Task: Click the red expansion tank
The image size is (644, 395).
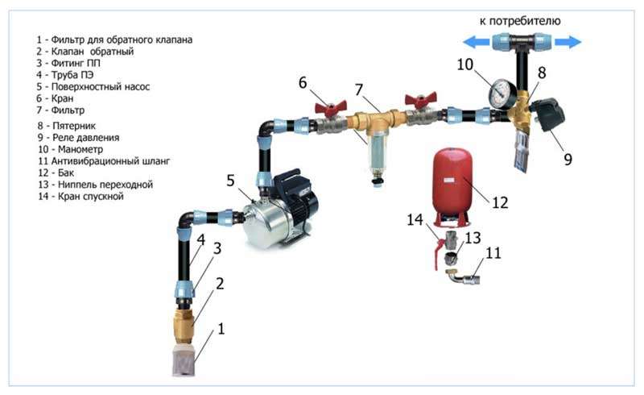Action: click(x=452, y=186)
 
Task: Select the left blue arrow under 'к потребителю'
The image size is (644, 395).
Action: click(x=476, y=42)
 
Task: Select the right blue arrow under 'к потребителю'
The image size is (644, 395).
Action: click(x=568, y=42)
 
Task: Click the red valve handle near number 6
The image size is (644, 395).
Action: click(x=330, y=107)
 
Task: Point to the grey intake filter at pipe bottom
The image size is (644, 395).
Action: click(x=184, y=360)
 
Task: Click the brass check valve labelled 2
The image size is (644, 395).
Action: click(x=184, y=326)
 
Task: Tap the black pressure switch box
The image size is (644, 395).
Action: click(x=549, y=114)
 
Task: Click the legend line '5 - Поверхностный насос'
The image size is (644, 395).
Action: click(x=93, y=87)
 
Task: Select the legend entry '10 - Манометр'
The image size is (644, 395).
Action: click(x=70, y=149)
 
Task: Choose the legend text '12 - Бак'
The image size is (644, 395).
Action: click(x=56, y=173)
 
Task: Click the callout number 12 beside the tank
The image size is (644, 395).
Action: click(x=500, y=202)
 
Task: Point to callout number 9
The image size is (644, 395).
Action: click(x=568, y=160)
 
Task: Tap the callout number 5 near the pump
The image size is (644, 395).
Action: click(x=231, y=181)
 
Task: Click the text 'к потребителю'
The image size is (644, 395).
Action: click(x=520, y=21)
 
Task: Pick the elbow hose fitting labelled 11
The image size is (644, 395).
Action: click(x=464, y=277)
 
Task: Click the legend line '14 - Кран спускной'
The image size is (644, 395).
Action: click(x=80, y=196)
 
